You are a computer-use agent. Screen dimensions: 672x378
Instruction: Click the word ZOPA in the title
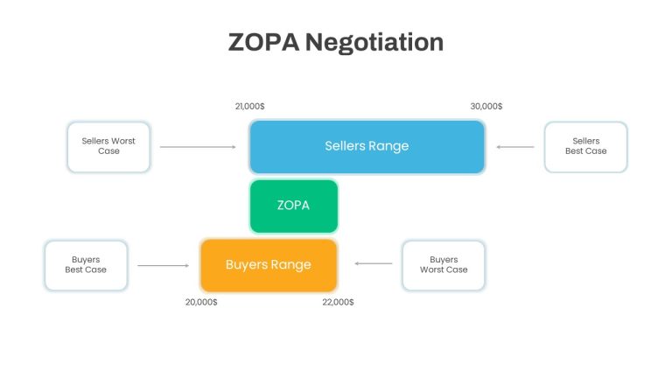(263, 42)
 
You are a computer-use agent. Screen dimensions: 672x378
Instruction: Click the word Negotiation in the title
(374, 43)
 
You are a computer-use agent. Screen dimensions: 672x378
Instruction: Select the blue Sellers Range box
(367, 147)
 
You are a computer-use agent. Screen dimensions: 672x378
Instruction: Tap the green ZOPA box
(294, 206)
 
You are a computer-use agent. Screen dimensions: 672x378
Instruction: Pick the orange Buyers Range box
(269, 265)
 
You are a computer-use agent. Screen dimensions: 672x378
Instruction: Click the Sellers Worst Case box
(108, 147)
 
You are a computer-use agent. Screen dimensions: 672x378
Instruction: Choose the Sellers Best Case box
(586, 147)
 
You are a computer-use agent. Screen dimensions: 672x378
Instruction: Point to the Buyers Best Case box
(86, 265)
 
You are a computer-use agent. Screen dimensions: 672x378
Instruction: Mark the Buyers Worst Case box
(444, 265)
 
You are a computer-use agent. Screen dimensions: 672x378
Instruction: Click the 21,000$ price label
(250, 106)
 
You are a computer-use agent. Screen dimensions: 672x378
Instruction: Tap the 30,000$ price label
(486, 106)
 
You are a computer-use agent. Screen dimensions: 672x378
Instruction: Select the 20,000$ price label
(201, 302)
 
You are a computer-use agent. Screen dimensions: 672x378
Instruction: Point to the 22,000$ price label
(338, 302)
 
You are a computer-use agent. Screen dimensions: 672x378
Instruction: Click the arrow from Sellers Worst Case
(198, 147)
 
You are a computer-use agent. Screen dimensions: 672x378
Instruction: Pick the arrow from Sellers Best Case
(515, 147)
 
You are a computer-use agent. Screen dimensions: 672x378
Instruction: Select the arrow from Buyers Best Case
(164, 266)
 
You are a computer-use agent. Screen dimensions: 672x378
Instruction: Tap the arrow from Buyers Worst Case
(374, 263)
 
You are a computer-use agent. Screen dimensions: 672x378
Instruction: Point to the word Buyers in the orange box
(244, 265)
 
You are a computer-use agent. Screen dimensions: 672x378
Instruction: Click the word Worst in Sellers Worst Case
(123, 141)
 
